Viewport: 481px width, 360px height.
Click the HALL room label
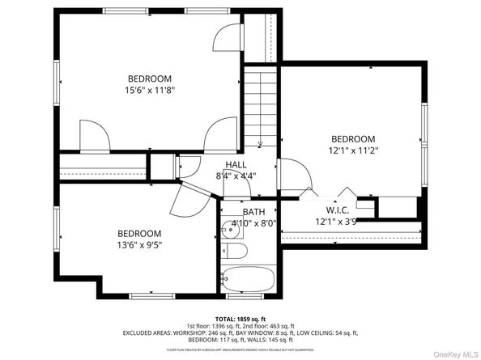point(236,164)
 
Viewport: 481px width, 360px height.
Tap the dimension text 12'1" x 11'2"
point(353,150)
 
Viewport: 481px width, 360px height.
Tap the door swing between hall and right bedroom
point(292,172)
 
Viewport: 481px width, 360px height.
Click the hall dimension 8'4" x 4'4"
point(236,176)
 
